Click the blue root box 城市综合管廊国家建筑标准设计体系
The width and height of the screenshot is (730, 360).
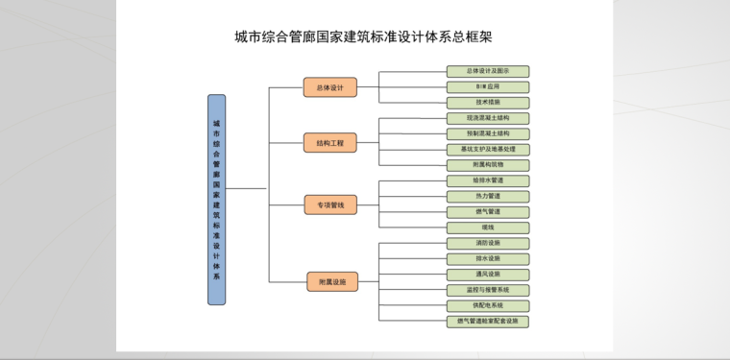[217, 200]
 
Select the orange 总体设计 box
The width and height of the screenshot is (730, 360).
[329, 87]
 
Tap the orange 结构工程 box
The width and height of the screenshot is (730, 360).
[329, 143]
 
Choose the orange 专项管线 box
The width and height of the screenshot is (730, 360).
[329, 204]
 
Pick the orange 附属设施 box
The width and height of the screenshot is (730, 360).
[331, 281]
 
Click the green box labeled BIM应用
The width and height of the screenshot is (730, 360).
[488, 86]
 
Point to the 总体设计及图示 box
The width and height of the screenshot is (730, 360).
[488, 71]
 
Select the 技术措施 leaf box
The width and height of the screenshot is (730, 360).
[488, 102]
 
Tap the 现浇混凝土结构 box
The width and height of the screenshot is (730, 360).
[488, 118]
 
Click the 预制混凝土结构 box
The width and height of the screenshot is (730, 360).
[488, 133]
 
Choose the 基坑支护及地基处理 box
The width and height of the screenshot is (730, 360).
[488, 150]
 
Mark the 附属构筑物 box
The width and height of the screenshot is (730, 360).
[488, 165]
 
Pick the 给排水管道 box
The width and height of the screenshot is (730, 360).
[488, 180]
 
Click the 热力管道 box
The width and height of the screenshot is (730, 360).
[488, 196]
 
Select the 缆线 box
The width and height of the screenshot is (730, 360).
[488, 228]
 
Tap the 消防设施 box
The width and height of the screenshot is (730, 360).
[488, 243]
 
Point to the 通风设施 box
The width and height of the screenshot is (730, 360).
[488, 275]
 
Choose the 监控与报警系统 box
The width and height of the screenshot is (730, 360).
[488, 290]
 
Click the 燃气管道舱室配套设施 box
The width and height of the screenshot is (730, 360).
[488, 322]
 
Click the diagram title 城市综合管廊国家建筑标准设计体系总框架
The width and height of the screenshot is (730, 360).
[364, 37]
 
